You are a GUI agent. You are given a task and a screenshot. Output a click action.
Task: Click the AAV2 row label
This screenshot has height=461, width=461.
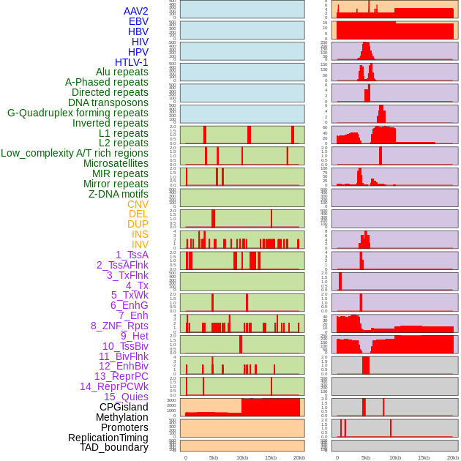click(x=135, y=12)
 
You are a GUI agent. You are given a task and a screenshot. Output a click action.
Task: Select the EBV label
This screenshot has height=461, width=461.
click(x=138, y=22)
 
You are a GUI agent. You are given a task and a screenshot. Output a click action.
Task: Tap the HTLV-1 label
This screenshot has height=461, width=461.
click(x=131, y=62)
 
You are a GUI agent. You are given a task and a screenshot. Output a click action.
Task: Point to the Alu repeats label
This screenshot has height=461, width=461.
click(x=121, y=72)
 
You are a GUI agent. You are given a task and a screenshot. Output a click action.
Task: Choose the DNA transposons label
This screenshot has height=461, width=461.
click(x=108, y=103)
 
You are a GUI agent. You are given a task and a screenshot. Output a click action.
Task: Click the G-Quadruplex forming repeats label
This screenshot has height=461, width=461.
click(x=78, y=113)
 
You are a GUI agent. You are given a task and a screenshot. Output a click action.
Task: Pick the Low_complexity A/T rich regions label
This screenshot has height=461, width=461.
click(x=75, y=154)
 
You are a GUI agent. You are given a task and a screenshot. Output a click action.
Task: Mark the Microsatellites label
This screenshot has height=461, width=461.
click(x=116, y=164)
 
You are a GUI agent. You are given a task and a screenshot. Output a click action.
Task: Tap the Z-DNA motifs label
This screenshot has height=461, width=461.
click(x=119, y=194)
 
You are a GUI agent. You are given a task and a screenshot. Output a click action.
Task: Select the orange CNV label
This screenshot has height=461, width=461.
click(x=138, y=204)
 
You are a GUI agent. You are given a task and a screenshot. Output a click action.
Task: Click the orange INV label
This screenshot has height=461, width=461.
click(x=140, y=244)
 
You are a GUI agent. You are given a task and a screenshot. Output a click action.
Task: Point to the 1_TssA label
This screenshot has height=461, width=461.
click(x=132, y=255)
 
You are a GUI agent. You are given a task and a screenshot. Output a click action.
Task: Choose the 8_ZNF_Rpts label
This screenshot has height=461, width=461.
click(x=119, y=326)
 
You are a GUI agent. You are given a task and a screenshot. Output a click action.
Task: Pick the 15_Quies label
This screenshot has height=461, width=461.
click(x=126, y=397)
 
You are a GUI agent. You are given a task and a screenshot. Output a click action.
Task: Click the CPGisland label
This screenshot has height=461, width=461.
click(x=124, y=407)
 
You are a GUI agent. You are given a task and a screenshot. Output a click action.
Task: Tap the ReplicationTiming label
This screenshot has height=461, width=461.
click(x=108, y=438)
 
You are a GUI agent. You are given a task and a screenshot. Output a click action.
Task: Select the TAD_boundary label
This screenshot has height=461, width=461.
click(x=114, y=447)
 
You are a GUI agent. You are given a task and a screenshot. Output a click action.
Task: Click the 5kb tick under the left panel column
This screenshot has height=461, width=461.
click(x=214, y=457)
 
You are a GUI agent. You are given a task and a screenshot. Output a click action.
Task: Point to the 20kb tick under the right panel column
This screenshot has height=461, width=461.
click(x=453, y=457)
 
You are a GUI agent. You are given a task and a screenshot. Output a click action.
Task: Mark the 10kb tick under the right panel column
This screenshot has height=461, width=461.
click(x=395, y=457)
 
